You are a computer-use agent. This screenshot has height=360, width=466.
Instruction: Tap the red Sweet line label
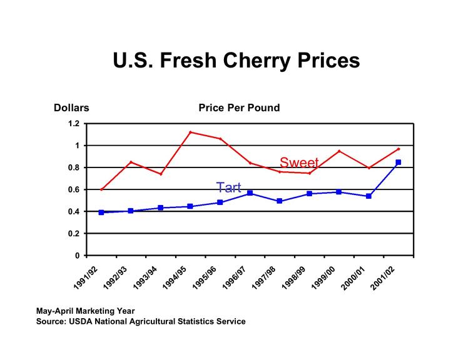pos(299,163)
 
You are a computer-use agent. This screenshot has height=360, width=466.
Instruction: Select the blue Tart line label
pos(228,187)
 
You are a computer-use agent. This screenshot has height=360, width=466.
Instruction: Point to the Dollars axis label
pos(71,108)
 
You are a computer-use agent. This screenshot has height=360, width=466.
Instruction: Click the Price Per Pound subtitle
pos(239,108)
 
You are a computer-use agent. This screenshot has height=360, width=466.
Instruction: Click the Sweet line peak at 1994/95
pos(190,132)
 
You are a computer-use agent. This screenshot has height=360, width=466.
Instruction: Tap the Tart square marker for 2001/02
pos(398,162)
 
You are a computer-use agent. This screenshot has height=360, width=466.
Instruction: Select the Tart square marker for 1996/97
pos(250,194)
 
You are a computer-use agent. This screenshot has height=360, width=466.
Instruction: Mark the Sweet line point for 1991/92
pos(101,189)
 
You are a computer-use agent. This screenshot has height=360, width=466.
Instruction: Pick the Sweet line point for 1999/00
pos(339,151)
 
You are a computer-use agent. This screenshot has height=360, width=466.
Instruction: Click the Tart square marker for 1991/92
pos(101,212)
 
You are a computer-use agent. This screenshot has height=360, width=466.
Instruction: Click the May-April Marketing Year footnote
pos(85,310)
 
